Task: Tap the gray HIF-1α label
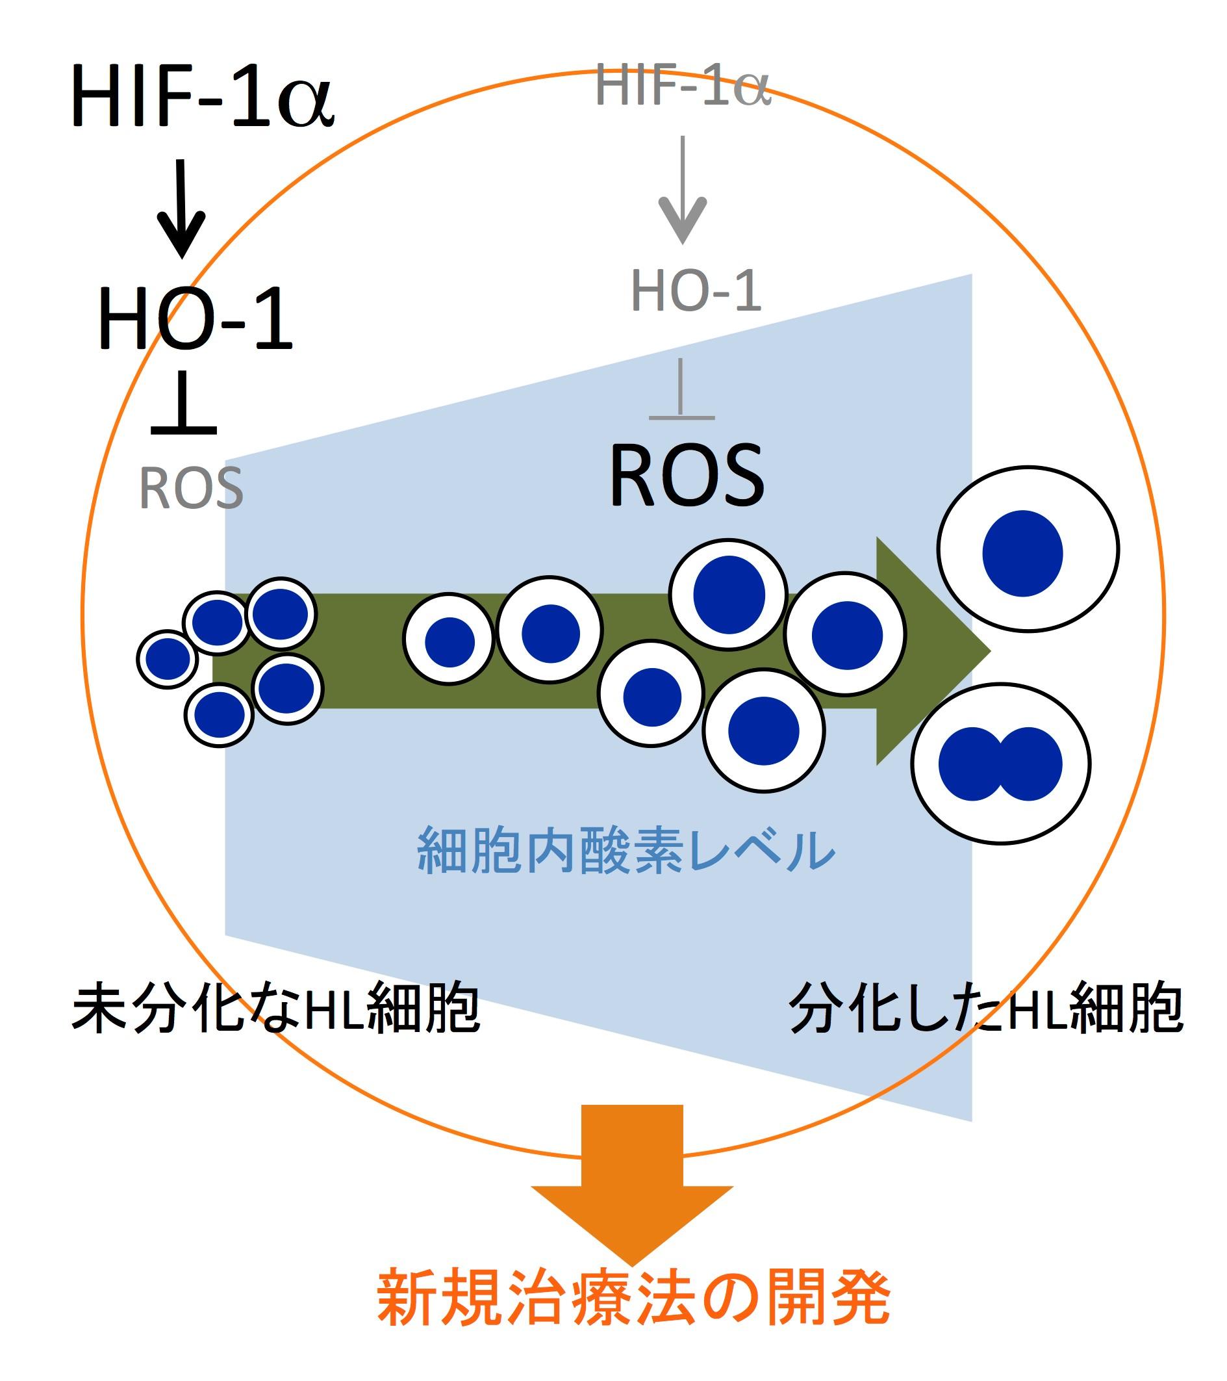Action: coord(682,86)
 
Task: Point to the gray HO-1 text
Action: coord(696,292)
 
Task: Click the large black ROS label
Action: coord(687,476)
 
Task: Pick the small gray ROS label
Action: coord(191,489)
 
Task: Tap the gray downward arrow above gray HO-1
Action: coord(683,192)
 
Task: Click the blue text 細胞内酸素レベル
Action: coord(627,851)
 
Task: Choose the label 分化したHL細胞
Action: coord(986,1009)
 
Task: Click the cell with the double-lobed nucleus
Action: coord(1000,764)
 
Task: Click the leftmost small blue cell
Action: coord(168,659)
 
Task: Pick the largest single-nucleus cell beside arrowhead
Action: coord(1027,549)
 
